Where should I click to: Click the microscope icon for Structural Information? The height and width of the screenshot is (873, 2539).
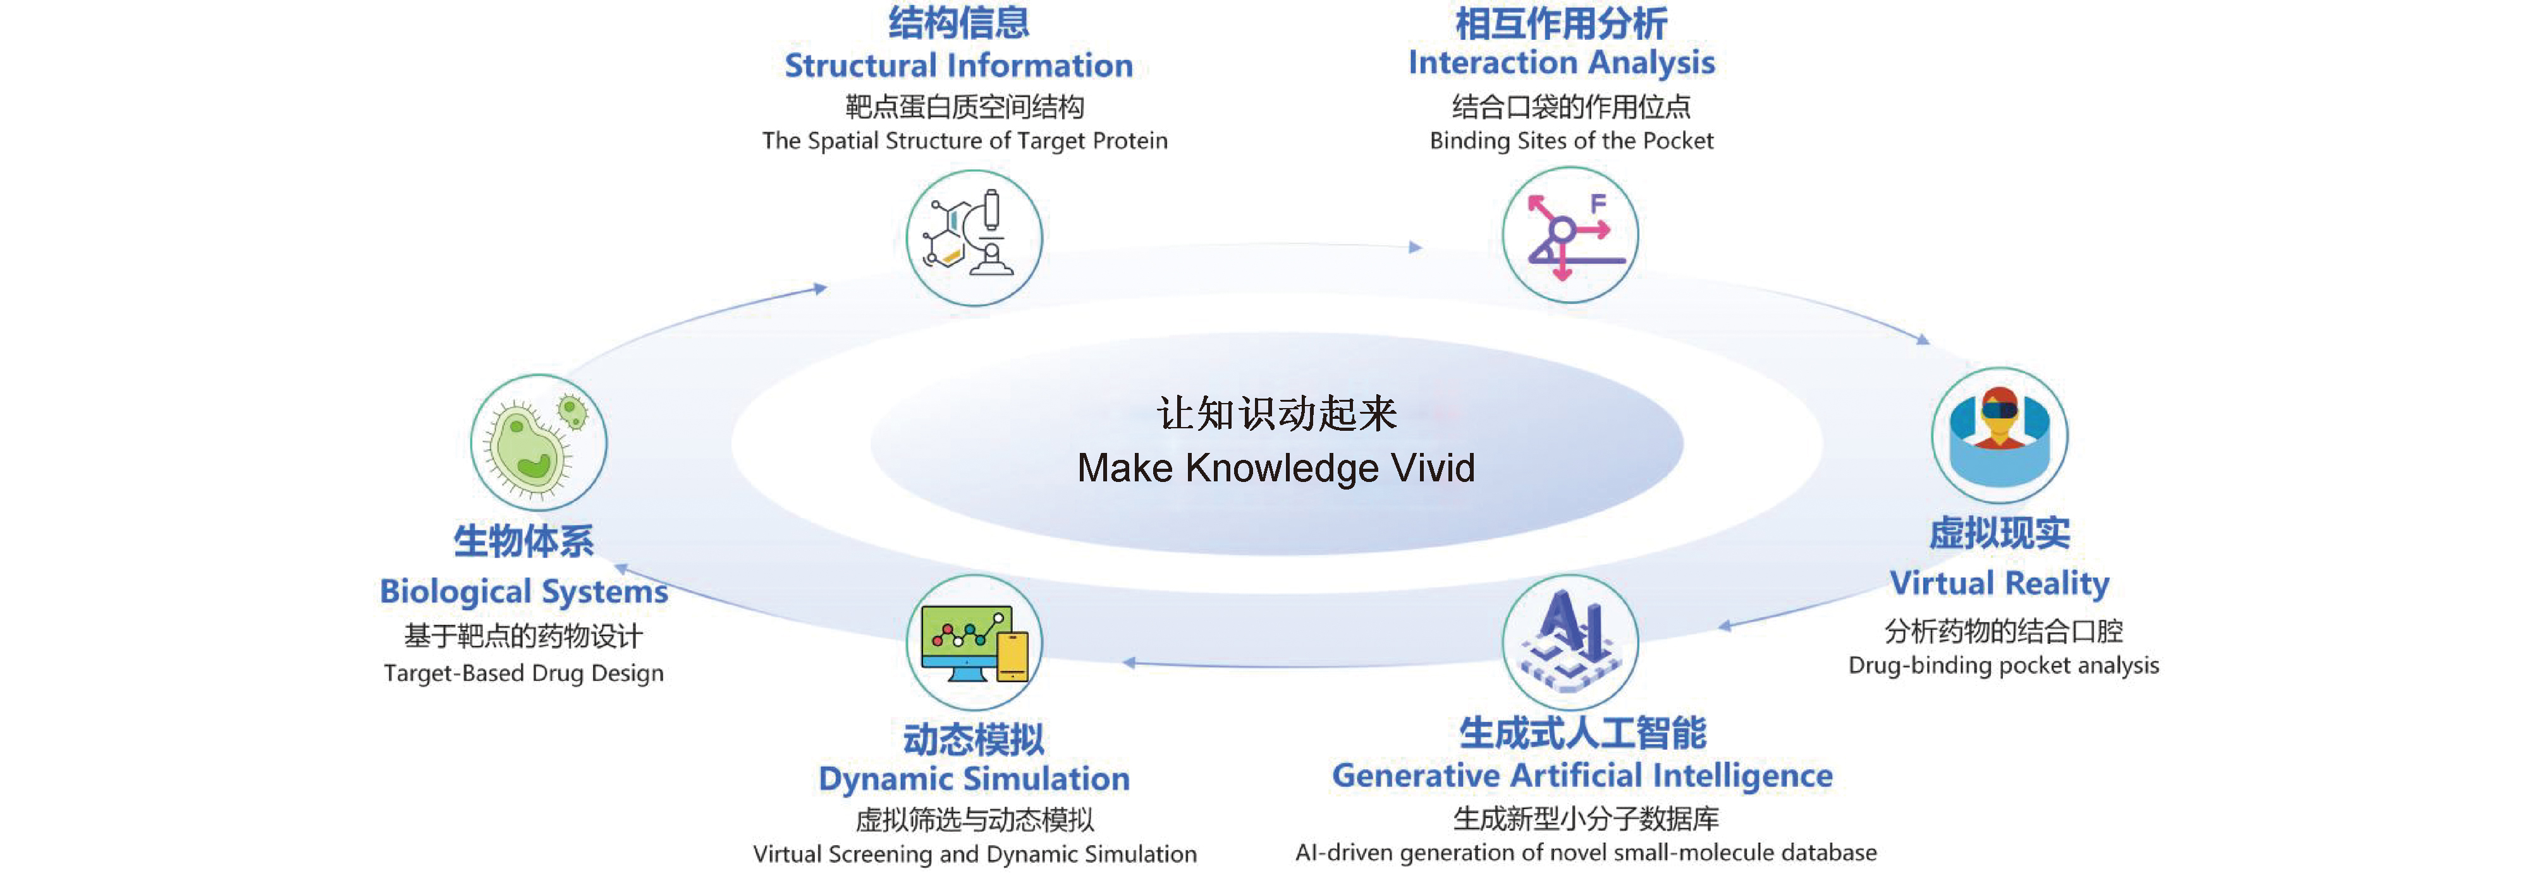point(974,238)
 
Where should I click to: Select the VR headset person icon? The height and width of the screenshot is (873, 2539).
point(1999,435)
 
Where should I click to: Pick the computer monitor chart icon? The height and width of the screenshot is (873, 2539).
point(974,642)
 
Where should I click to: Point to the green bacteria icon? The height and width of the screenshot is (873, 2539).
point(538,442)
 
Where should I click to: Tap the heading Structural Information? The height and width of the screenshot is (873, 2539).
point(958,65)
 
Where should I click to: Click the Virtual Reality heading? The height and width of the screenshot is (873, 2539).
point(1999,583)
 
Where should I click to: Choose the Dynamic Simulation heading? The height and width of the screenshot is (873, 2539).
point(974,778)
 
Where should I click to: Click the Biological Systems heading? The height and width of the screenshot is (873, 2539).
point(523,591)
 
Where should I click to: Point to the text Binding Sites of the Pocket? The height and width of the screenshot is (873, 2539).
point(1571,141)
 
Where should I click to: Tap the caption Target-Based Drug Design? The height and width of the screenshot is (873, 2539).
point(523,673)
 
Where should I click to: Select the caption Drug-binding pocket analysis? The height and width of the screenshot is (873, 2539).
point(2003,665)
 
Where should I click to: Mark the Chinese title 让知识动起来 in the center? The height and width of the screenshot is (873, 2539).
point(1276,414)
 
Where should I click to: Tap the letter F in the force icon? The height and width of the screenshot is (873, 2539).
point(1598,203)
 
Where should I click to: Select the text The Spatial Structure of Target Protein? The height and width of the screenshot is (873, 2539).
point(965,141)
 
